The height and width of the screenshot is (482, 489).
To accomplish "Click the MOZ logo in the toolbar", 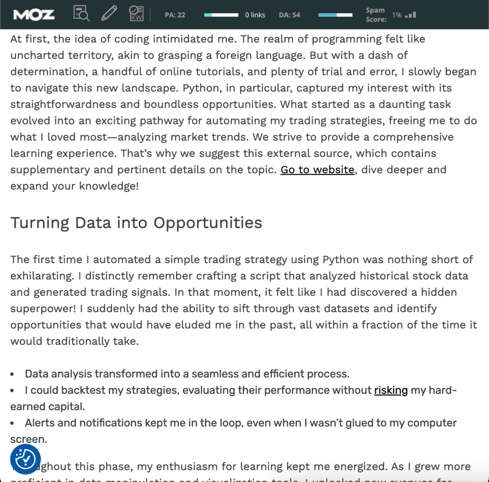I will (x=34, y=15).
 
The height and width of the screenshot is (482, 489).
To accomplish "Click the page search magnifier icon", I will (x=81, y=14).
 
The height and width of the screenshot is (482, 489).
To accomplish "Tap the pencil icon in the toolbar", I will (x=109, y=14).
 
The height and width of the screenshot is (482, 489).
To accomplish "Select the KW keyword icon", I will (x=136, y=14).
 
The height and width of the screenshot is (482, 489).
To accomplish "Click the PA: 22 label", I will (x=175, y=15).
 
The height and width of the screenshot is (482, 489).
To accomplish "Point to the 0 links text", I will (x=255, y=15).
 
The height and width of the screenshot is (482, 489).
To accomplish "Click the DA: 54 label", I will (x=289, y=15).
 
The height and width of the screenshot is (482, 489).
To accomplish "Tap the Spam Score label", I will (x=376, y=15).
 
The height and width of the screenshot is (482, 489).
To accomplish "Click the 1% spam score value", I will (x=397, y=15).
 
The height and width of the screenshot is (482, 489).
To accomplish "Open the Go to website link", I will (x=317, y=170).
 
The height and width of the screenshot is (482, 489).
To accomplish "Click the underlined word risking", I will (x=391, y=390).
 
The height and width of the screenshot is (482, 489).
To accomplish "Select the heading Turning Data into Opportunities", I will (x=136, y=223).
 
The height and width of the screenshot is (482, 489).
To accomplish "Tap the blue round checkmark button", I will (x=25, y=460).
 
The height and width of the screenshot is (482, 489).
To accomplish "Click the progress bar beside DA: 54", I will (x=335, y=15).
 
